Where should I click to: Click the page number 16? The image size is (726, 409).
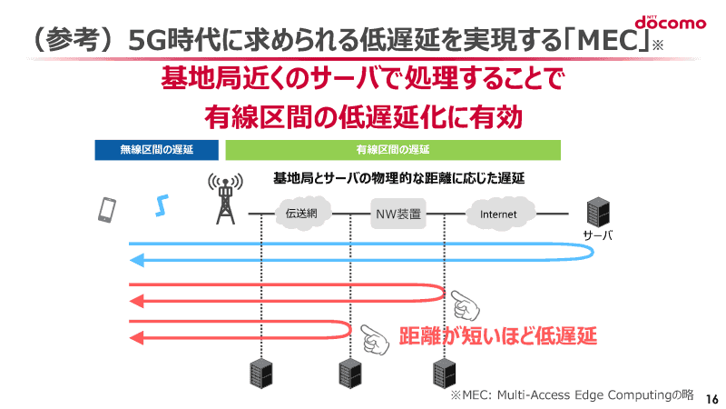pos(711,398)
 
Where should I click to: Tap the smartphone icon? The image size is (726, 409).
pos(107,210)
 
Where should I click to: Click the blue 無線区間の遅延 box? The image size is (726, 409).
pos(156,150)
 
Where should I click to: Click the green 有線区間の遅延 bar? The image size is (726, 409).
pos(392,150)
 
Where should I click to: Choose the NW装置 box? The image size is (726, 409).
pos(397,214)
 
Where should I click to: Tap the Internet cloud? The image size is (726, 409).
pos(498,214)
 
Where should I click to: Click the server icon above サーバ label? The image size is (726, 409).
pos(597,212)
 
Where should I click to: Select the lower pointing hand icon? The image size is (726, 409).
pos(374,339)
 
